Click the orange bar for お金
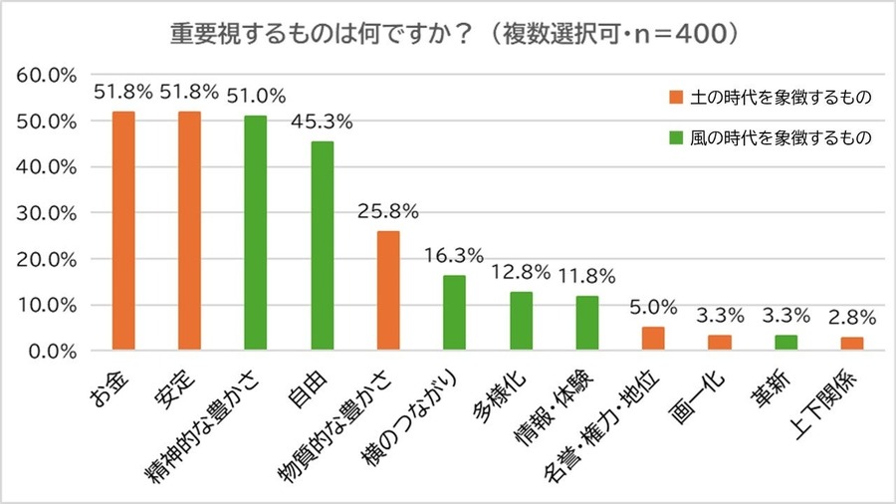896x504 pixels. (x=123, y=231)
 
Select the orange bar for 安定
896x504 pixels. (x=189, y=231)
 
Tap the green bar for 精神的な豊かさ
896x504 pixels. (x=256, y=233)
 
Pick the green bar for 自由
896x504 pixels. (x=323, y=246)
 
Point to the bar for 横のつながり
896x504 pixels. (x=455, y=313)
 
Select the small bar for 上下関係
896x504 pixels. (x=853, y=345)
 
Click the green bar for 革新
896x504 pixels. (x=786, y=344)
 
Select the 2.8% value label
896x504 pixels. (x=853, y=318)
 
